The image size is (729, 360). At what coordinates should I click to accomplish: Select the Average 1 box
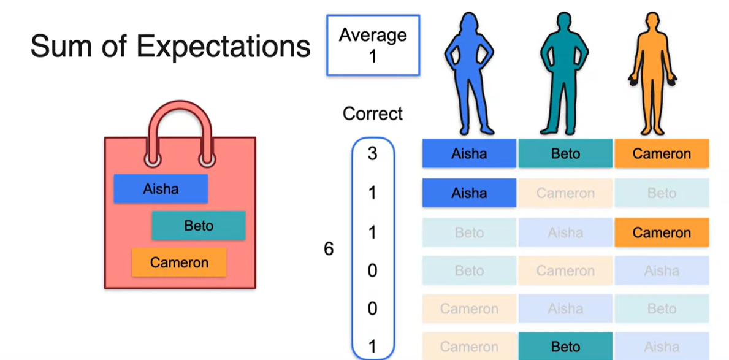(x=373, y=45)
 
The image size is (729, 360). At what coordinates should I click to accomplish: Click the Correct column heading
(x=373, y=114)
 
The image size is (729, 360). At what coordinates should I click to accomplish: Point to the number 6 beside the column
(x=329, y=250)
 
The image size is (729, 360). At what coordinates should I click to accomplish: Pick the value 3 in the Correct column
(x=372, y=154)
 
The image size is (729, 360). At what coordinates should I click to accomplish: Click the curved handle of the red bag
(x=180, y=123)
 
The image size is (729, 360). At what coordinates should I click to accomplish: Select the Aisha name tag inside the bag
(x=161, y=189)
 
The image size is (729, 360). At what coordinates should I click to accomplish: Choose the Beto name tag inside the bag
(x=199, y=226)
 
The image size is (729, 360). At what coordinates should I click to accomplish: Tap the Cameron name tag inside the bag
(x=179, y=262)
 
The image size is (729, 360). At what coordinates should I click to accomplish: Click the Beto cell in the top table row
(x=565, y=154)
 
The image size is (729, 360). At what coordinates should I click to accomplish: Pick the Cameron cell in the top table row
(x=662, y=154)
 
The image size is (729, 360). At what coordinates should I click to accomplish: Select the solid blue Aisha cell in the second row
(x=469, y=193)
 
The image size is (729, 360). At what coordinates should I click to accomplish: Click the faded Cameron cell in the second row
(x=565, y=193)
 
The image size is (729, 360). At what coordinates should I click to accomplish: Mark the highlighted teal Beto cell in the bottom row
(x=565, y=347)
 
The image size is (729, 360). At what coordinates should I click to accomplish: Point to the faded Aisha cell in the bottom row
(x=662, y=347)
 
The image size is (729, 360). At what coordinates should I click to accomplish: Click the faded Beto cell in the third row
(x=469, y=232)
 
